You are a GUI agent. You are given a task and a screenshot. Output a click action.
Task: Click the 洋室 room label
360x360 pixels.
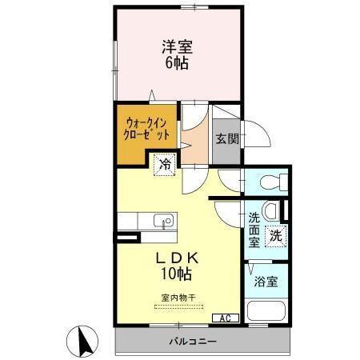(178, 46)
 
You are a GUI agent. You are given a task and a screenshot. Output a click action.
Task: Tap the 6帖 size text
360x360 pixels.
(178, 63)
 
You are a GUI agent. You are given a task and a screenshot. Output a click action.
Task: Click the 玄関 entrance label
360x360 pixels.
(226, 138)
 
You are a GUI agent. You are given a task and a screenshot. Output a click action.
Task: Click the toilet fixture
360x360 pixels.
(268, 182)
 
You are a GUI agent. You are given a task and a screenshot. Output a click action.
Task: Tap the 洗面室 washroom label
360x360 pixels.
(254, 229)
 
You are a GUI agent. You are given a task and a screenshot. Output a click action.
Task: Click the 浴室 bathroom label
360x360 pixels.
(267, 282)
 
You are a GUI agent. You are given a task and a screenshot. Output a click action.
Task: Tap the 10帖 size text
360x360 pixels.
(177, 274)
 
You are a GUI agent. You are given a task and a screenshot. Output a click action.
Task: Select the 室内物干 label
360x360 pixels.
(178, 298)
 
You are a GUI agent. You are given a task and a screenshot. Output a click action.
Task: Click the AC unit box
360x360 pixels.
(226, 318)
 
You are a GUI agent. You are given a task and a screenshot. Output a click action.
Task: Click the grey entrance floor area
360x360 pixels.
(226, 144)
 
